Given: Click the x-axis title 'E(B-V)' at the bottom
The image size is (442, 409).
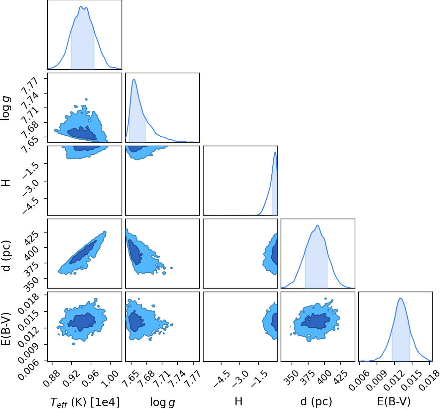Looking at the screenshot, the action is click(394, 401).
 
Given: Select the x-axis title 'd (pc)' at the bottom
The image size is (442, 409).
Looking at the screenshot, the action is click(316, 401).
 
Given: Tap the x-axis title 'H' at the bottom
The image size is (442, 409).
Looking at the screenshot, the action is click(238, 402).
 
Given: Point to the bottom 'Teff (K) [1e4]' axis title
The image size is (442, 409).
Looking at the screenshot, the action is click(85, 402).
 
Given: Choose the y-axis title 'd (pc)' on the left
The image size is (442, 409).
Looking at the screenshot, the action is click(6, 256).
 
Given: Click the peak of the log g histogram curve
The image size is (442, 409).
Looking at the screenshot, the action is click(134, 79).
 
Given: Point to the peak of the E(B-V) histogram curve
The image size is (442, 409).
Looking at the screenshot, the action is click(400, 298).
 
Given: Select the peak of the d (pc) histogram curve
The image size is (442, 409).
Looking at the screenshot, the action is click(317, 225).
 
